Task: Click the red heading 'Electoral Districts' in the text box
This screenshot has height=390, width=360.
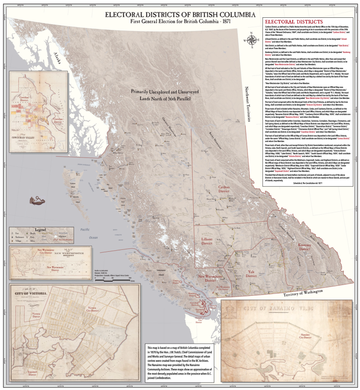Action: (x=293, y=22)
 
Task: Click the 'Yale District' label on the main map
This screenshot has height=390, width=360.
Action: (x=251, y=274)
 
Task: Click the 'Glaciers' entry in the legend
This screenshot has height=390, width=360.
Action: (x=61, y=236)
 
